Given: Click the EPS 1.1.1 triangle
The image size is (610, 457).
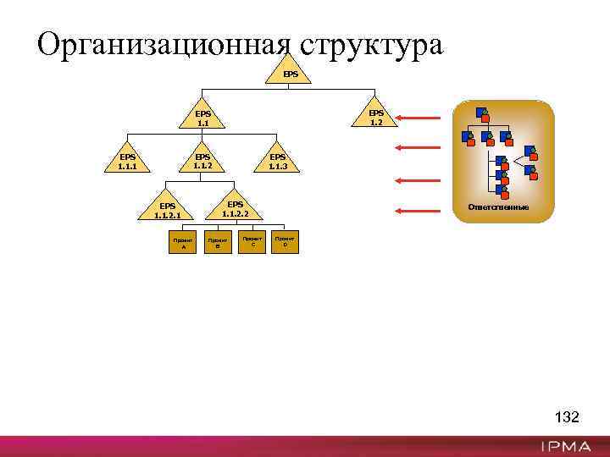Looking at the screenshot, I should pos(127,160).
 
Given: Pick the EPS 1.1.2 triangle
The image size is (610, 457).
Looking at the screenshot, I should pos(202,160).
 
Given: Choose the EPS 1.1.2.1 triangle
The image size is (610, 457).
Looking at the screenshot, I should pos(167,210).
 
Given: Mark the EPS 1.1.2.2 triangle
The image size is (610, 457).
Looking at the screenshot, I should pos(236,208).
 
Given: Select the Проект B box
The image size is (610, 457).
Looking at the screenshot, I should pos(217,243).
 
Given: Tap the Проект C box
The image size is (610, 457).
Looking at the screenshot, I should pos(252,242).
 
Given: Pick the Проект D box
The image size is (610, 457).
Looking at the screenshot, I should pos(286,242).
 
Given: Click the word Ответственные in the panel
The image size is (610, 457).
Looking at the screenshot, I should pos(503,207).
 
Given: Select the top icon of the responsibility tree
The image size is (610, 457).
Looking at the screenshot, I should pos(481,113).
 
